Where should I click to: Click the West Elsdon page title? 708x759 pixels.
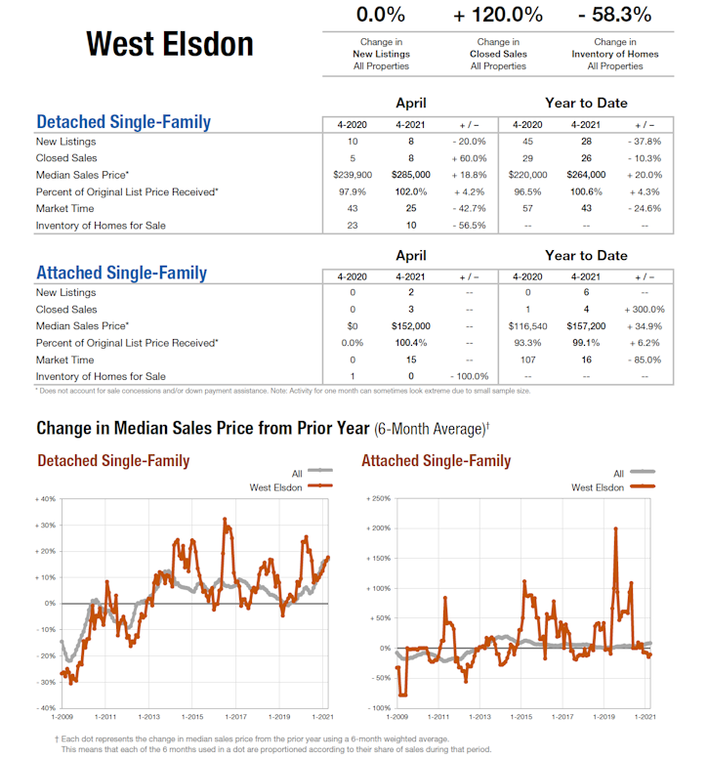[169, 44]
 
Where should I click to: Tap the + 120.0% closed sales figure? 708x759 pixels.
[498, 16]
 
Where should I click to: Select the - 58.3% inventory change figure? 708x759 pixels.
[614, 16]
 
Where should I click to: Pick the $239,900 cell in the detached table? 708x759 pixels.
[353, 175]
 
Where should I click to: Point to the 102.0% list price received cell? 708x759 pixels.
[410, 191]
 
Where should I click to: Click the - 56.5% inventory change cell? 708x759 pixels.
[469, 226]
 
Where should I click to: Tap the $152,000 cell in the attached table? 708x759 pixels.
[410, 325]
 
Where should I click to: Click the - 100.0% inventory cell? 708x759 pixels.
[469, 376]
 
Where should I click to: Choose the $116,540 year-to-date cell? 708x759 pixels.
[528, 325]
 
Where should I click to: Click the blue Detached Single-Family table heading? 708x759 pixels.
[123, 123]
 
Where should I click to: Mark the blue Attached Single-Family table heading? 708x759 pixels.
[121, 273]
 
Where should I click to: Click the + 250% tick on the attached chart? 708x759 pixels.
[377, 499]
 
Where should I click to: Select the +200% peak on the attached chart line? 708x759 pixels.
[615, 528]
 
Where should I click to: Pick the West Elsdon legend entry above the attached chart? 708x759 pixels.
[597, 486]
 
